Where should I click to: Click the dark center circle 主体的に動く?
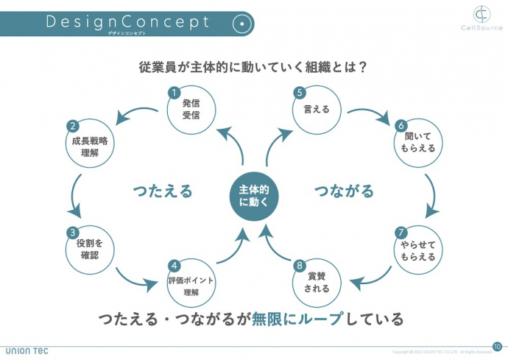[254, 195]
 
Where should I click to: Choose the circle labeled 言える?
[317, 110]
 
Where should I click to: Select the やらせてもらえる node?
[418, 250]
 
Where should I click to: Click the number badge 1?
[174, 93]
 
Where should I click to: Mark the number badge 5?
[300, 93]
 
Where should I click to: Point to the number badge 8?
[299, 265]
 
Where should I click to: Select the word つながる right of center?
[344, 191]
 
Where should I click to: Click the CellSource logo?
[481, 18]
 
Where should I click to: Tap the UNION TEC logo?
[27, 350]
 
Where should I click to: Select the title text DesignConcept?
[128, 21]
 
